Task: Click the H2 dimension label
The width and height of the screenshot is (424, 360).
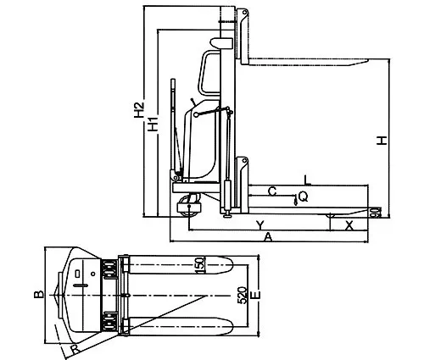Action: pos(138,114)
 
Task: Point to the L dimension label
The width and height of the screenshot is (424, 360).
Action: pos(307,180)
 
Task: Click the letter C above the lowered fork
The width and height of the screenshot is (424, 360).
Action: pos(271,191)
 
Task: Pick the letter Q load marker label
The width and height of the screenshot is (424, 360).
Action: pos(303,197)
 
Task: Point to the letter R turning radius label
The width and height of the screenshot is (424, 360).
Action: pos(74,346)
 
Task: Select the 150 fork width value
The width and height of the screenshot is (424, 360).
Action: pos(200,266)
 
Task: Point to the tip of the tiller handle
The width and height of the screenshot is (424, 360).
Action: pos(172,81)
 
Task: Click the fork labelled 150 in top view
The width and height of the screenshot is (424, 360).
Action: pos(178,263)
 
